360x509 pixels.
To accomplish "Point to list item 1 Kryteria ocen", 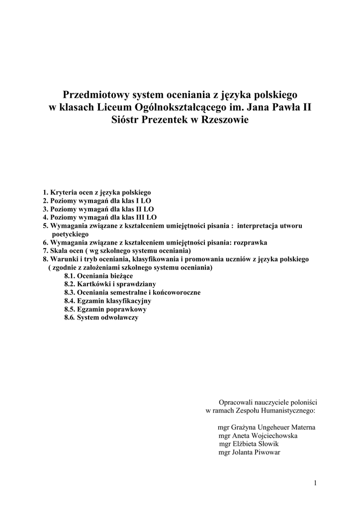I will [96, 192].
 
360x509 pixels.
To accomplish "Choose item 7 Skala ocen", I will [116, 251].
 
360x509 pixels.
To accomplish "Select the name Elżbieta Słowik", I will [255, 444].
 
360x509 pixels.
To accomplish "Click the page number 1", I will [315, 483].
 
